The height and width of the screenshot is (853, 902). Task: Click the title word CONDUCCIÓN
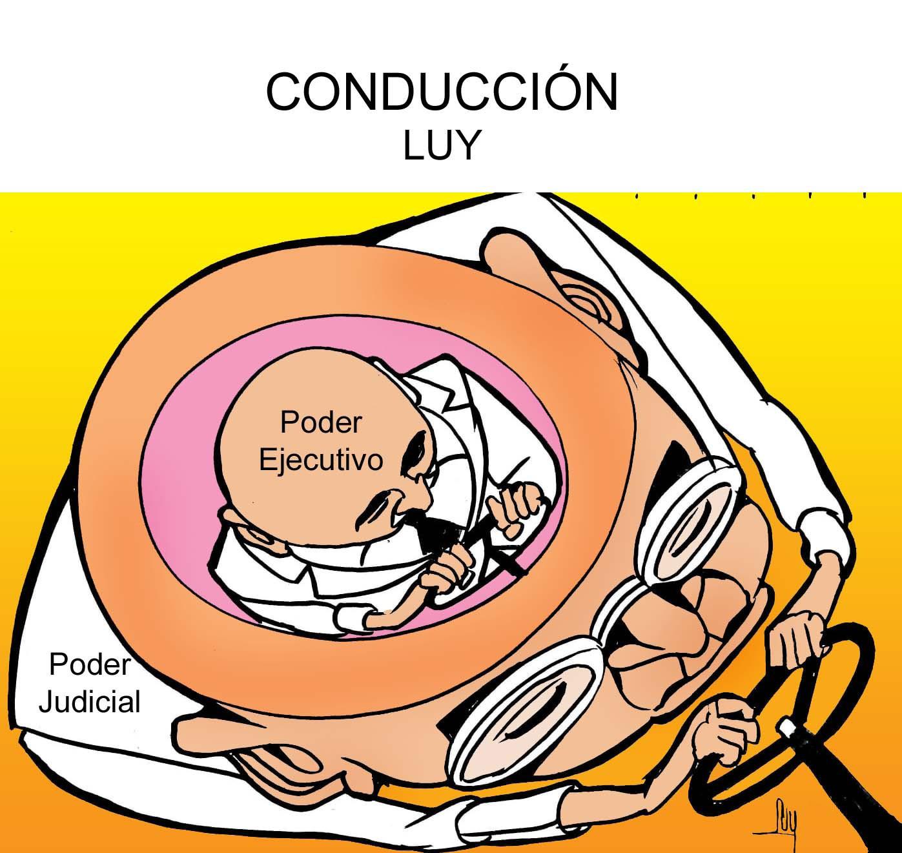point(442,92)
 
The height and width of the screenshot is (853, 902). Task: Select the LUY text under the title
point(442,147)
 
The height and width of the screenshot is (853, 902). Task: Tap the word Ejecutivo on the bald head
point(321,460)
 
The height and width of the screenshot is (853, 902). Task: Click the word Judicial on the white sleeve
point(90,701)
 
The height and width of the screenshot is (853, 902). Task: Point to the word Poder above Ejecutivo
point(321,423)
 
